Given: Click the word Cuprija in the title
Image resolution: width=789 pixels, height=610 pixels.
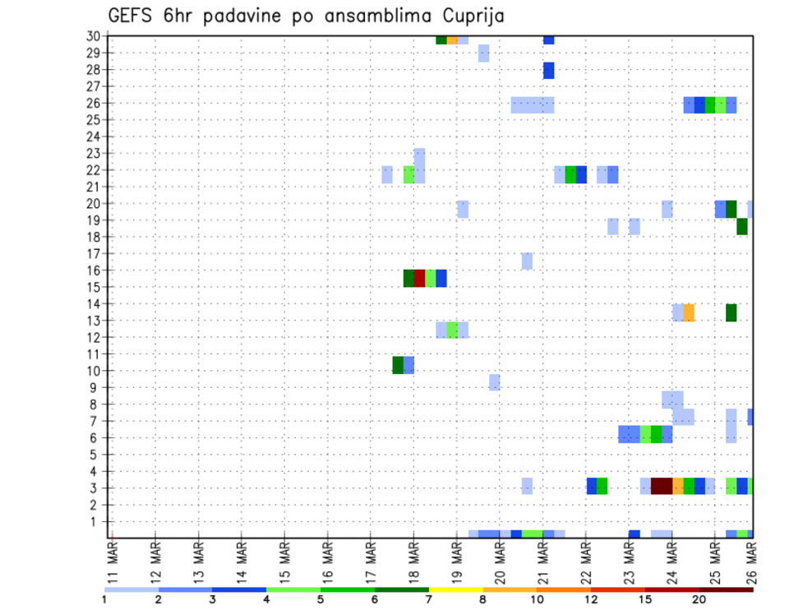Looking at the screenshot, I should (468, 16).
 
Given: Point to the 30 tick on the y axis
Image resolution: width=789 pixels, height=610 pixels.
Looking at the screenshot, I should (92, 36).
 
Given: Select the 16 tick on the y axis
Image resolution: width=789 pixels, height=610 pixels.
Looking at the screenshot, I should (92, 270).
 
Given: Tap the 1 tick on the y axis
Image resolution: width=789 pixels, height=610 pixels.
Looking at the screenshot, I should (95, 521).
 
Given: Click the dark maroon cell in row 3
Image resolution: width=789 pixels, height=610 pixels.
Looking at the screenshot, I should (662, 486).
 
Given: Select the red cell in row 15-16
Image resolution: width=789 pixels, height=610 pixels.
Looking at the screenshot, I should (419, 278).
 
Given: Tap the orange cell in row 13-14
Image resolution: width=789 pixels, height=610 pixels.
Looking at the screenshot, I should (689, 312).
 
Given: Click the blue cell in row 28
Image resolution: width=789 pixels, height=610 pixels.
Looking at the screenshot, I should (548, 71).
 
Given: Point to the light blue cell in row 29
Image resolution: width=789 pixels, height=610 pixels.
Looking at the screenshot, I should (483, 53).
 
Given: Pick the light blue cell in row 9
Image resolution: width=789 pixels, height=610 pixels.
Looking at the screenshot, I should (494, 382).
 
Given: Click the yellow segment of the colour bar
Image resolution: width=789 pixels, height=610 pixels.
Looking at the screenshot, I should (456, 589).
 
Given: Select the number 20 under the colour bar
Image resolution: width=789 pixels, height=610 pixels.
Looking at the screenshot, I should (699, 600).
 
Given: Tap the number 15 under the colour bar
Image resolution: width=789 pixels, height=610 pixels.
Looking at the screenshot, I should (644, 600).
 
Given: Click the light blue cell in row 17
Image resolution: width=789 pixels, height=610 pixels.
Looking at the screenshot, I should (527, 261).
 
